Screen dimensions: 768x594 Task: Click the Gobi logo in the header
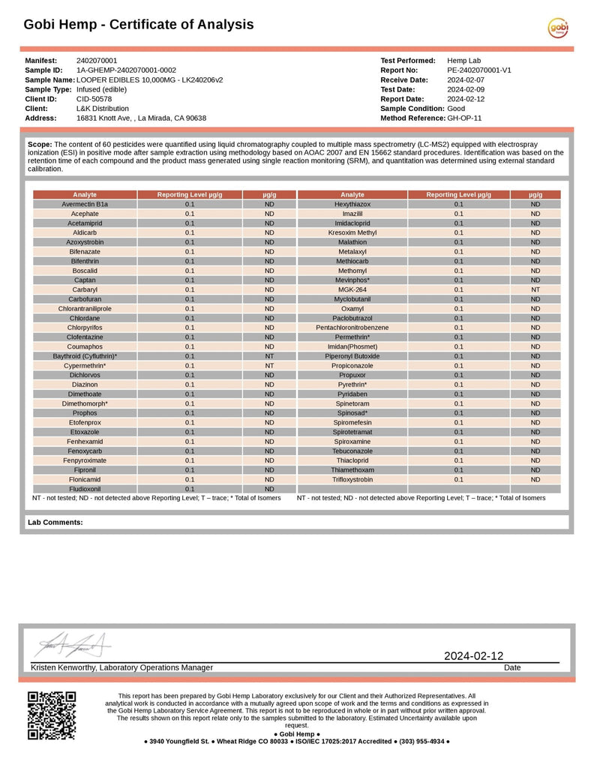coord(558,28)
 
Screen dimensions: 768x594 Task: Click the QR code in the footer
coord(52,715)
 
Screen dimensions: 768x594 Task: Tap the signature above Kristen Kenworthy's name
coord(73,644)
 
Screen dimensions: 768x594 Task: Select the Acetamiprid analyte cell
coord(85,223)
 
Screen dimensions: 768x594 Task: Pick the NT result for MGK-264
coord(535,289)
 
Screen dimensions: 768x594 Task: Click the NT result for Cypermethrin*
coord(269,365)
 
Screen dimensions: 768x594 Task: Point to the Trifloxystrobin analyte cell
coord(352,479)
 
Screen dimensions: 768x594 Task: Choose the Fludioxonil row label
coord(85,489)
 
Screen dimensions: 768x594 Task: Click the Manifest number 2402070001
coord(97,61)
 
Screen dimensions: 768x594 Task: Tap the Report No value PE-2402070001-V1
coord(479,70)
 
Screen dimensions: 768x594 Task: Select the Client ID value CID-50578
coord(94,99)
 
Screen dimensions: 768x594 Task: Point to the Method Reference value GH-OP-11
coord(464,118)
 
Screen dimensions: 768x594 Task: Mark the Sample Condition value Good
coord(456,109)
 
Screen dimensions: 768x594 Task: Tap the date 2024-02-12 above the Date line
coord(473,656)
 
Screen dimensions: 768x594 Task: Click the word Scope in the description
coord(39,143)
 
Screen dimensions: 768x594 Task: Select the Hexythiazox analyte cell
coord(352,204)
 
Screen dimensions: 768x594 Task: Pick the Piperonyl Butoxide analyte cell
coord(352,356)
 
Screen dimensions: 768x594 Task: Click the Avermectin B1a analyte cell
coord(85,204)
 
